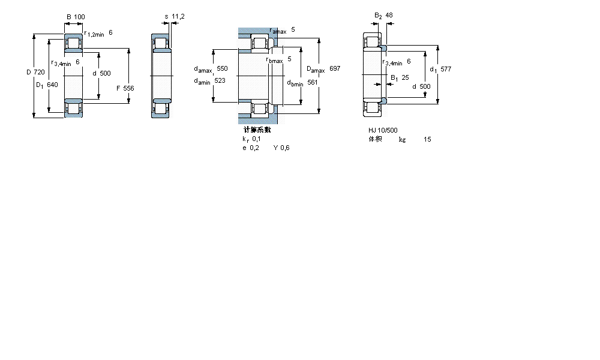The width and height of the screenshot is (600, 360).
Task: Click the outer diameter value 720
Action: pyautogui.click(x=39, y=73)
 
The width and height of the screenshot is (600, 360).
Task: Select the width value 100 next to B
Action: pyautogui.click(x=79, y=17)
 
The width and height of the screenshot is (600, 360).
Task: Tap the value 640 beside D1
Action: pyautogui.click(x=52, y=85)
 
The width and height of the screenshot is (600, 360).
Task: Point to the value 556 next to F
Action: pyautogui.click(x=128, y=88)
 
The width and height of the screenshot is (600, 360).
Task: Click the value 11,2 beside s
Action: pyautogui.click(x=178, y=17)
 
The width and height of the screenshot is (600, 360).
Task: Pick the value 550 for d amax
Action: pyautogui.click(x=222, y=69)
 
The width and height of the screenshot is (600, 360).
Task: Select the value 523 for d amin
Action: pyautogui.click(x=220, y=81)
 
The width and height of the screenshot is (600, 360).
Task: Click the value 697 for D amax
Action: pyautogui.click(x=335, y=69)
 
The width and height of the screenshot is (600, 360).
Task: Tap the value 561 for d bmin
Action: pyautogui.click(x=312, y=82)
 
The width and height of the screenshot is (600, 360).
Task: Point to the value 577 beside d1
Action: pyautogui.click(x=446, y=69)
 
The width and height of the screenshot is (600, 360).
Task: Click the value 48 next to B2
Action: pyautogui.click(x=389, y=15)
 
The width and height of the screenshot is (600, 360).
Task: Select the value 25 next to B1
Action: pyautogui.click(x=405, y=78)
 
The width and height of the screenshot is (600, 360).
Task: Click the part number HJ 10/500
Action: pyautogui.click(x=383, y=130)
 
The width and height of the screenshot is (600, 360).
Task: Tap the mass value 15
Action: pyautogui.click(x=427, y=140)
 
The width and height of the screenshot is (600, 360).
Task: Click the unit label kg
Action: pyautogui.click(x=402, y=140)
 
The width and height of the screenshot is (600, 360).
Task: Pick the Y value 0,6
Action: pyautogui.click(x=284, y=148)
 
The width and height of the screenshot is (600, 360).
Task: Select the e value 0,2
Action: pyautogui.click(x=255, y=148)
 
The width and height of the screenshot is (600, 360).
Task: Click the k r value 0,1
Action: pyautogui.click(x=256, y=139)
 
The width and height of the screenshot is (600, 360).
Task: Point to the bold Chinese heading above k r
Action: pyautogui.click(x=257, y=130)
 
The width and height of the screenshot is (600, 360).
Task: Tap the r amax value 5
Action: pyautogui.click(x=293, y=29)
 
